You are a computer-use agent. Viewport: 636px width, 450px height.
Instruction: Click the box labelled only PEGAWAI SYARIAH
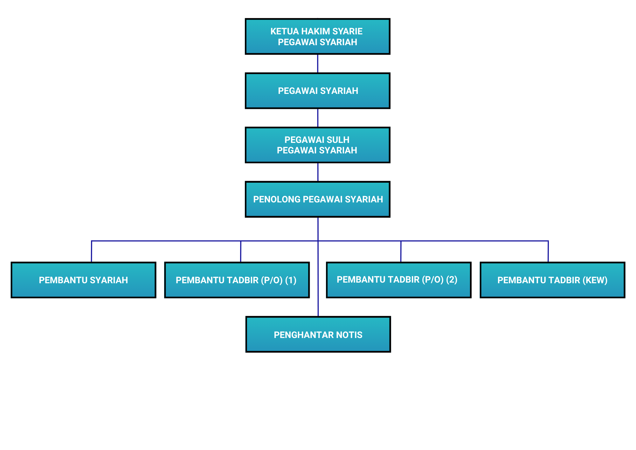(318, 91)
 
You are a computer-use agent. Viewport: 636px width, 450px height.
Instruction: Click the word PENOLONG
(277, 200)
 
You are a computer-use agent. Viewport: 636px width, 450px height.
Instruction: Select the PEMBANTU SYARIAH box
(83, 280)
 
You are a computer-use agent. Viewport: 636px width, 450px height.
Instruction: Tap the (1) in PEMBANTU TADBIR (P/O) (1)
(291, 280)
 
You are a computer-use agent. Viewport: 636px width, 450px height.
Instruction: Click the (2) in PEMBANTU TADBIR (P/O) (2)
(452, 279)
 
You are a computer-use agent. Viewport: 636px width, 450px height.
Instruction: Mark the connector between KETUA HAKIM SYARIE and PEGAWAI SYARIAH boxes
(318, 64)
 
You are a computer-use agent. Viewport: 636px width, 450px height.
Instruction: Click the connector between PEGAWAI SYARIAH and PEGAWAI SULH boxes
(318, 118)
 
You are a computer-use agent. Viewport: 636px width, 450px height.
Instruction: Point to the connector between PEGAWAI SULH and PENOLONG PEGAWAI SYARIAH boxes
(318, 172)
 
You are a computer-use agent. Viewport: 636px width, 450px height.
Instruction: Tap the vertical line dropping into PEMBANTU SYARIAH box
(92, 251)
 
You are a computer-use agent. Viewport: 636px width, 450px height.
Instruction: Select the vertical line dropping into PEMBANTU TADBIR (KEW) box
(548, 251)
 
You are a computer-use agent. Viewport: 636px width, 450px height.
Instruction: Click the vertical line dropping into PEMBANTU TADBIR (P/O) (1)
(241, 251)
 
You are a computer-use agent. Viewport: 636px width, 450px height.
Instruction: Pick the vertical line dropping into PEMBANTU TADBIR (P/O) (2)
(401, 251)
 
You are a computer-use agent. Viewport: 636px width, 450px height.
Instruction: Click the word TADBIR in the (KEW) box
(566, 280)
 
